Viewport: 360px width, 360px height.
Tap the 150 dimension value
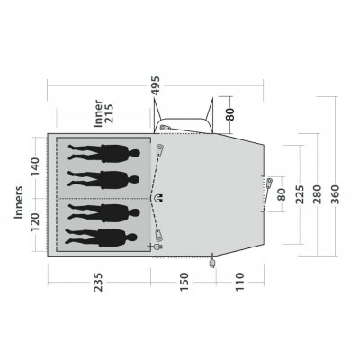184,282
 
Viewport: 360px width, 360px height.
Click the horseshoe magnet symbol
159,195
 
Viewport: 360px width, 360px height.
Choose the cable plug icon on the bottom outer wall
212,262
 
